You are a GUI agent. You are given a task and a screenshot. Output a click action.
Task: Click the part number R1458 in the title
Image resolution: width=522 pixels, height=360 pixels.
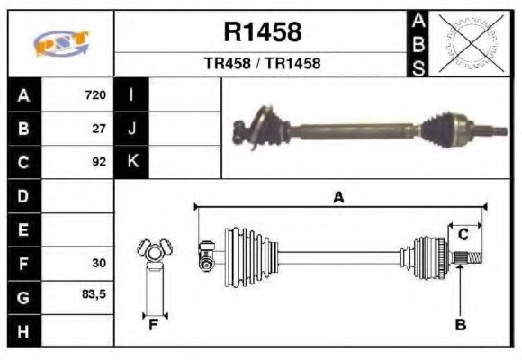click(262, 32)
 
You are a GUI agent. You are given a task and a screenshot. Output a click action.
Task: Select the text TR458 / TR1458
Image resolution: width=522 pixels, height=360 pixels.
click(262, 64)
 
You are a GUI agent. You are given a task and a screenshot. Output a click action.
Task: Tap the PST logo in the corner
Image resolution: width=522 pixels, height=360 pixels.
click(61, 43)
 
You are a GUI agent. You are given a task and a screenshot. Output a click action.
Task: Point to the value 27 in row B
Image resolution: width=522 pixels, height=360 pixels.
click(100, 129)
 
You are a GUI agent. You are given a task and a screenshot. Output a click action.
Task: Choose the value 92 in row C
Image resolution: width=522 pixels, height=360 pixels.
click(100, 163)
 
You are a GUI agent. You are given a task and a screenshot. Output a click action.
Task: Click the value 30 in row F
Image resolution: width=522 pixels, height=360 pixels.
click(100, 264)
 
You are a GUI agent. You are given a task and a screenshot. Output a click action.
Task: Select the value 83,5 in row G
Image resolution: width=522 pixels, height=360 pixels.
click(94, 296)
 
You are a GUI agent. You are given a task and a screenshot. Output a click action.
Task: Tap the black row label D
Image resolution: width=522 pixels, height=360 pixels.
click(23, 196)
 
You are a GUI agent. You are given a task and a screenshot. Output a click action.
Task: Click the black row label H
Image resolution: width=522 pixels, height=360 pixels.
click(23, 330)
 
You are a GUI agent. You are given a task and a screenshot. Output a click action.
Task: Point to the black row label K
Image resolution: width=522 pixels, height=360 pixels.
click(131, 163)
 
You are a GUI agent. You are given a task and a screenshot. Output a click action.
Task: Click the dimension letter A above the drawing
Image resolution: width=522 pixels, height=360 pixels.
click(338, 198)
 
